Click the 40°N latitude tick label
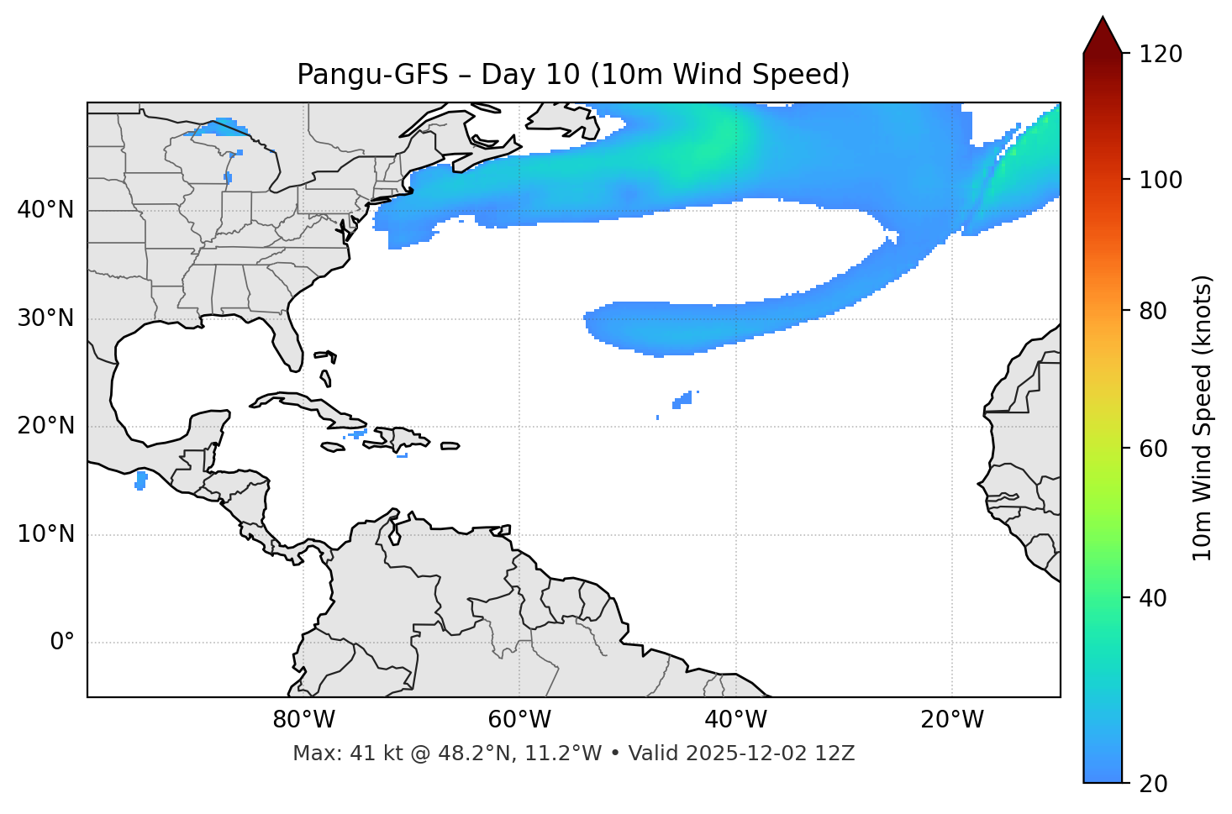point(45,210)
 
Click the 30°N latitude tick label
point(45,318)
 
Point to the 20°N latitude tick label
point(45,426)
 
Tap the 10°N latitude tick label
point(45,534)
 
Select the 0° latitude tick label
point(61,643)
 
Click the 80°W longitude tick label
point(303,720)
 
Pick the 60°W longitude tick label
point(519,720)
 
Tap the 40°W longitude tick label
point(735,720)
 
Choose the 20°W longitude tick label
point(951,720)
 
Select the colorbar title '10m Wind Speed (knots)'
point(1203,418)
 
